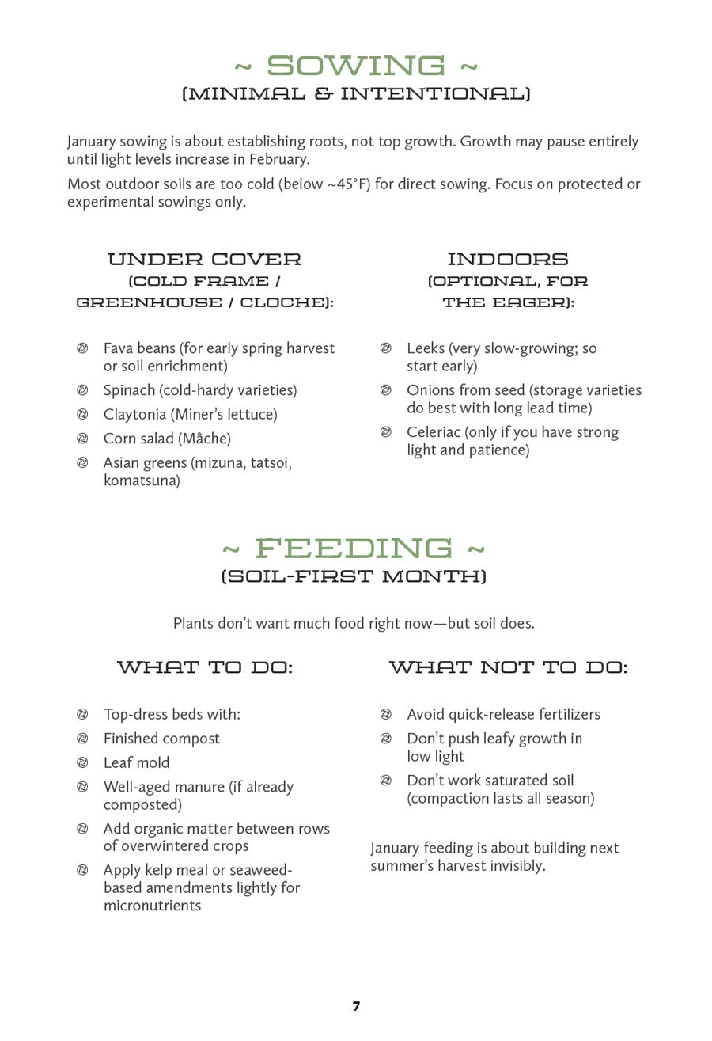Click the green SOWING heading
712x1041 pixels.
(x=356, y=66)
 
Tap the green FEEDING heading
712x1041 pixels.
(x=354, y=548)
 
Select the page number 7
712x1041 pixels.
(x=356, y=1006)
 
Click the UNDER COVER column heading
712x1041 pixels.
(x=204, y=259)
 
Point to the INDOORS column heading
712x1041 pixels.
(x=508, y=259)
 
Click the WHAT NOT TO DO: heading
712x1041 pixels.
(x=508, y=667)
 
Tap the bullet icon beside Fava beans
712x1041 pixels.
(x=82, y=348)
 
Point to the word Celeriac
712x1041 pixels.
(x=433, y=432)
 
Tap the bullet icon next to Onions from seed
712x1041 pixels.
(x=386, y=390)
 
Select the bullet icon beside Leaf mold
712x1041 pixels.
(x=82, y=762)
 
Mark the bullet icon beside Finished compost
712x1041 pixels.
(x=82, y=739)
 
